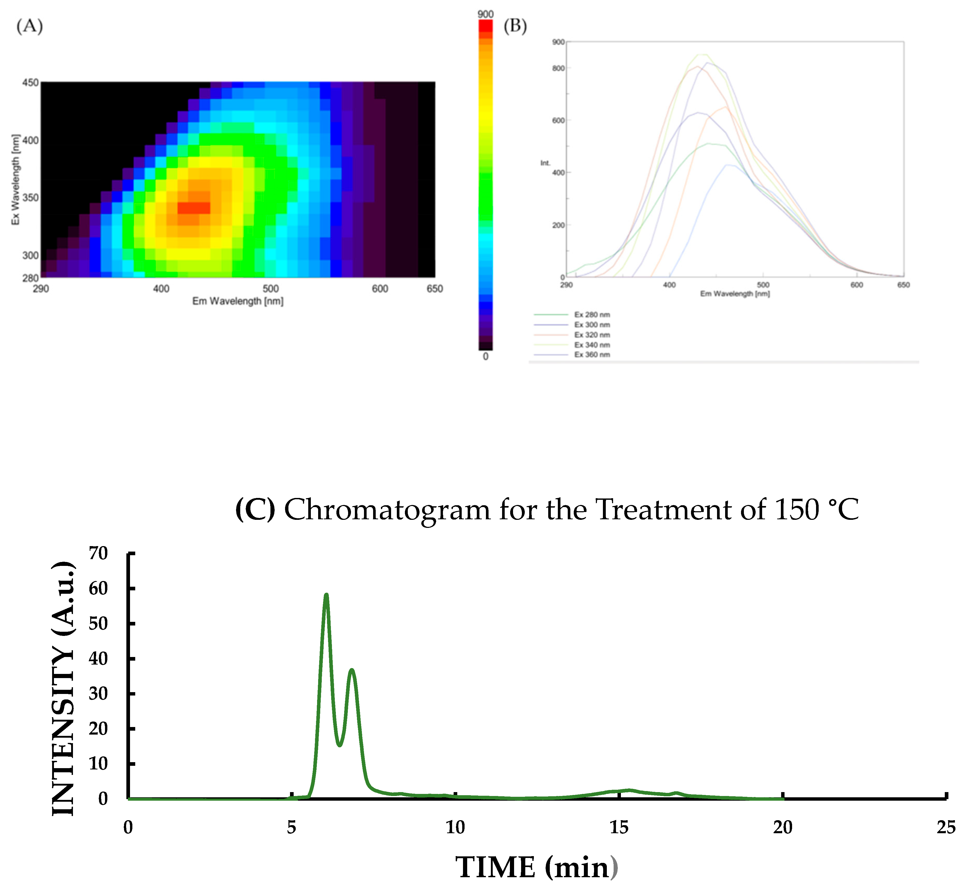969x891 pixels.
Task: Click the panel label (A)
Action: [x=29, y=26]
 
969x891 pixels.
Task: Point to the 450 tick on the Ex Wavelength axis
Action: [x=30, y=83]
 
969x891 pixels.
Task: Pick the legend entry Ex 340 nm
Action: [x=592, y=345]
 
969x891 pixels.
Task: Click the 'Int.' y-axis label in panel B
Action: [x=545, y=163]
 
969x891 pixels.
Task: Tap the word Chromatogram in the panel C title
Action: [x=387, y=510]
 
